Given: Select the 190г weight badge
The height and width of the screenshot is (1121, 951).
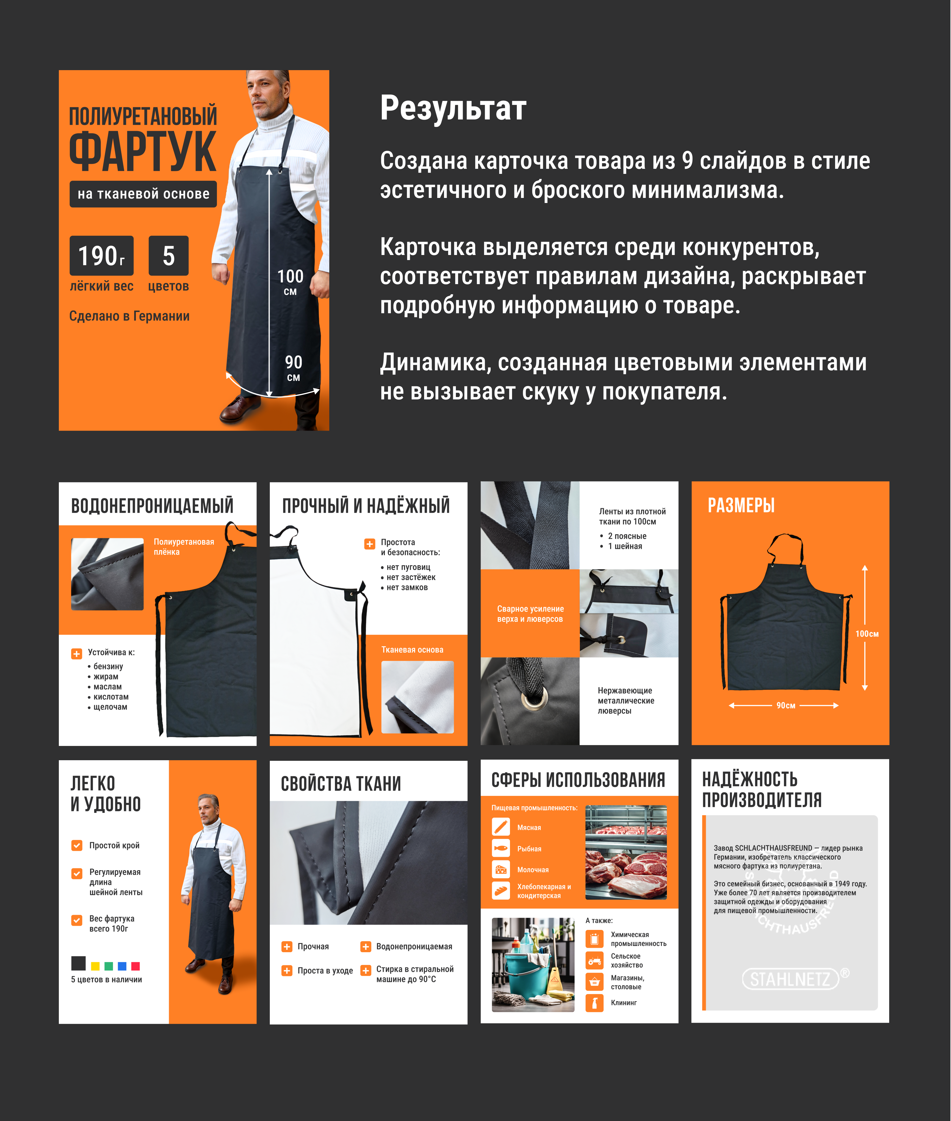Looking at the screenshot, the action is point(101,256).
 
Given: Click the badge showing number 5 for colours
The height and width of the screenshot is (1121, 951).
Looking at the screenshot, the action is point(168,256).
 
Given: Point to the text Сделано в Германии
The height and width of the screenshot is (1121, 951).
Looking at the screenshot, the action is point(129,316).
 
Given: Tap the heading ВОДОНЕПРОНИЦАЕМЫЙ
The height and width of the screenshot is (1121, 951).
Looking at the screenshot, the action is point(152,506).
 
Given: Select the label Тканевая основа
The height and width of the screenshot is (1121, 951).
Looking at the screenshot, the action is point(412,650).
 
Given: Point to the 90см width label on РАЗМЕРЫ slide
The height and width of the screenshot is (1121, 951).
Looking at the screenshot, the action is point(785,705).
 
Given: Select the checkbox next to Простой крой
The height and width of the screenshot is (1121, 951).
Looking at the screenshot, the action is point(77,846).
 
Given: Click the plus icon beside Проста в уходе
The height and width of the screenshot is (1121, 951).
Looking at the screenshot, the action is point(287,971).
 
